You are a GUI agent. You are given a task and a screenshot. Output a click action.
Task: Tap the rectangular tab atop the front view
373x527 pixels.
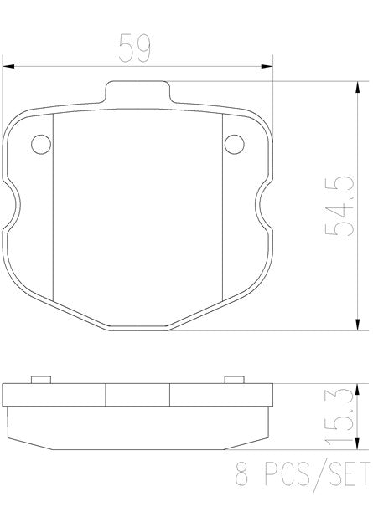point(137,92)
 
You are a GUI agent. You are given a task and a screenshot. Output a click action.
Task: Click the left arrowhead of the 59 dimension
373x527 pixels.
point(9,65)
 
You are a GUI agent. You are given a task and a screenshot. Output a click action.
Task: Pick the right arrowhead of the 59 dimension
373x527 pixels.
point(268,65)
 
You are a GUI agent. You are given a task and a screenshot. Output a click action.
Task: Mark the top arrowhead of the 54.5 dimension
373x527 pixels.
point(358,88)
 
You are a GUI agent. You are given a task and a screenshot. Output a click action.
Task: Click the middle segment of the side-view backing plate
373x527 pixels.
point(137,394)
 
